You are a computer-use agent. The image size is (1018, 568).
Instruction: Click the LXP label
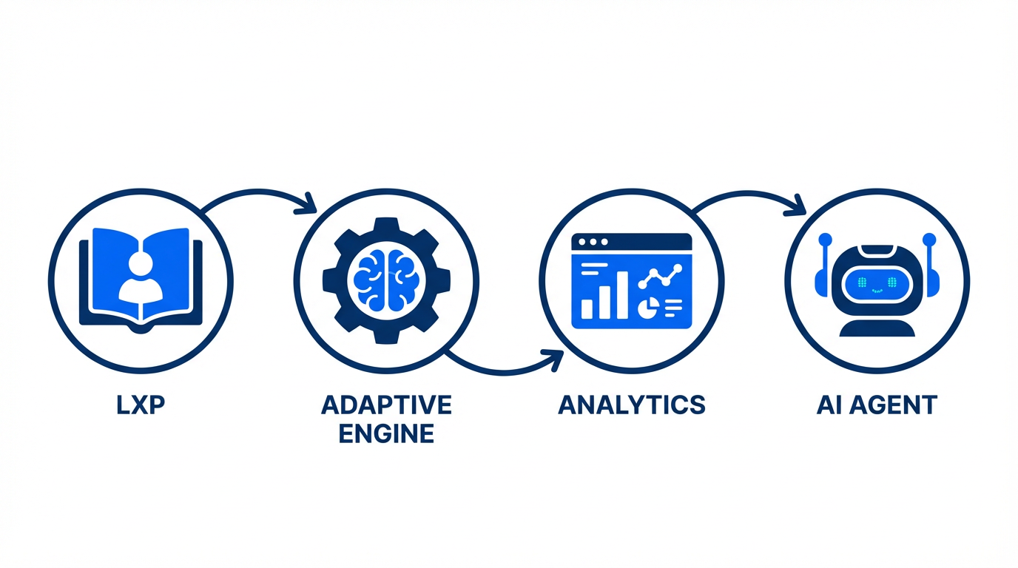pos(140,405)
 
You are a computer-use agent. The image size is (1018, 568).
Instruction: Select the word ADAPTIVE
pos(386,405)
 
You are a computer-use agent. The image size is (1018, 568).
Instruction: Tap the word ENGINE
pos(386,433)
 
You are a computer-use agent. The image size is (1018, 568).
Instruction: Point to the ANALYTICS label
pos(631,405)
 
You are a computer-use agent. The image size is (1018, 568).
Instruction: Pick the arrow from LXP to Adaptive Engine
pos(259,194)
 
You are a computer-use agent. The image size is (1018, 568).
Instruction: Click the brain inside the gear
pos(385,280)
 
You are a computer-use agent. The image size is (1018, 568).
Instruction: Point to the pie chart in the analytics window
pos(645,305)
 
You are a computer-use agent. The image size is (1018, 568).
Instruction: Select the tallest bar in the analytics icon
pos(622,294)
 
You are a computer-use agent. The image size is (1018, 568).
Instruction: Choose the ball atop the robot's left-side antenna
pos(825,240)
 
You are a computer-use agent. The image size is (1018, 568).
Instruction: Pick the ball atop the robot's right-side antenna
pos(929,240)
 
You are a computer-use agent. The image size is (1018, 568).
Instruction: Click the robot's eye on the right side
pos(892,281)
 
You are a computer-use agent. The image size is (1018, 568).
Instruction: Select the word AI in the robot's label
pos(828,405)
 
